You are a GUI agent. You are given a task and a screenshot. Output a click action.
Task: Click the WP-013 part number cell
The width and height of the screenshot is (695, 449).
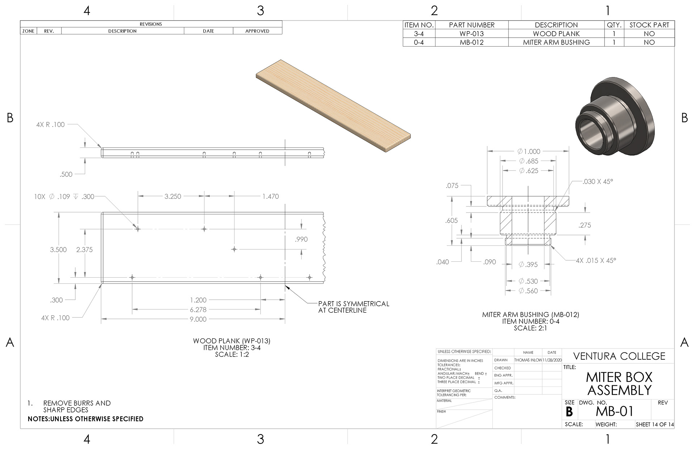(471, 34)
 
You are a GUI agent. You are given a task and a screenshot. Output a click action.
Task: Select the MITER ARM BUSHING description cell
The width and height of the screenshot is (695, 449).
(556, 42)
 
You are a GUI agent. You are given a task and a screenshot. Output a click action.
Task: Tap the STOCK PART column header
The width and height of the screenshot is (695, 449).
(649, 25)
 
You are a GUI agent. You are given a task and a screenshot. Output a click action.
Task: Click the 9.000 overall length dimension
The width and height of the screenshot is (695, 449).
(198, 319)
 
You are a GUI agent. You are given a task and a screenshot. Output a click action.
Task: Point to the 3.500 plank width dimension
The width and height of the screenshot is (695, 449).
(58, 249)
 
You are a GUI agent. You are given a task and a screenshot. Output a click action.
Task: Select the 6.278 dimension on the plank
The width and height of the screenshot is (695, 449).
(198, 310)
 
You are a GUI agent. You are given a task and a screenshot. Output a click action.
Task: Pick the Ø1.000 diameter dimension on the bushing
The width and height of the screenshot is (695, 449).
(528, 151)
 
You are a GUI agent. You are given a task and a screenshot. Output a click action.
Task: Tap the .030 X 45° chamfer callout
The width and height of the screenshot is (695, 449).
(598, 181)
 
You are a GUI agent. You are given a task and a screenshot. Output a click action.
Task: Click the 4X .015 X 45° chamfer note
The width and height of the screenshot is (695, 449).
(596, 260)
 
